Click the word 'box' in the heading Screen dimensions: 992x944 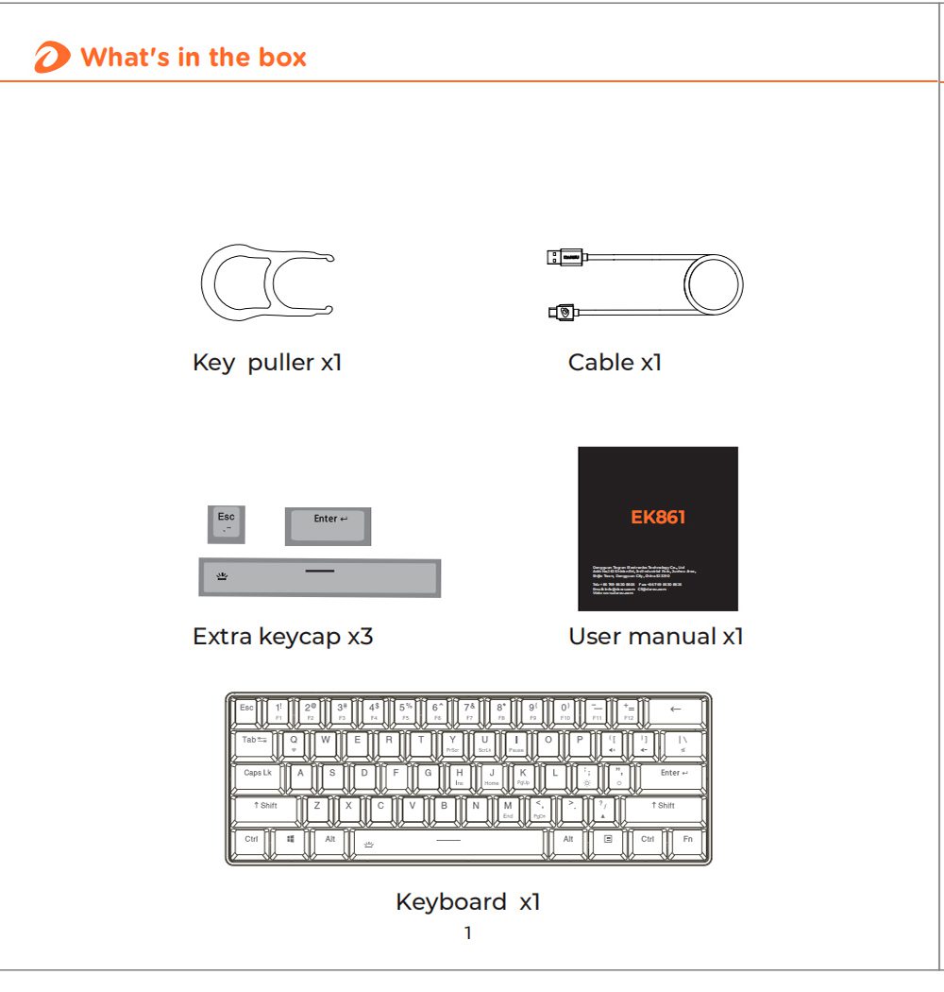[x=281, y=58]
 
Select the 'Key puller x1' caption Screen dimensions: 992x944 [x=266, y=362]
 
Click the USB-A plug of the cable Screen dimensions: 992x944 [x=565, y=256]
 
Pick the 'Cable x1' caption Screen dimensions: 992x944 [x=615, y=362]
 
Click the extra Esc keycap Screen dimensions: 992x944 [x=227, y=523]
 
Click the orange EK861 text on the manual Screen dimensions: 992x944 [x=658, y=517]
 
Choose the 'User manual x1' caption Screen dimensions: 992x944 [x=655, y=637]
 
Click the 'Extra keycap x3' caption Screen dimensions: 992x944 [x=282, y=637]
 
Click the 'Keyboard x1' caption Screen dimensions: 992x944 [x=467, y=902]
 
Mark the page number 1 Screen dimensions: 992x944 [x=467, y=933]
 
